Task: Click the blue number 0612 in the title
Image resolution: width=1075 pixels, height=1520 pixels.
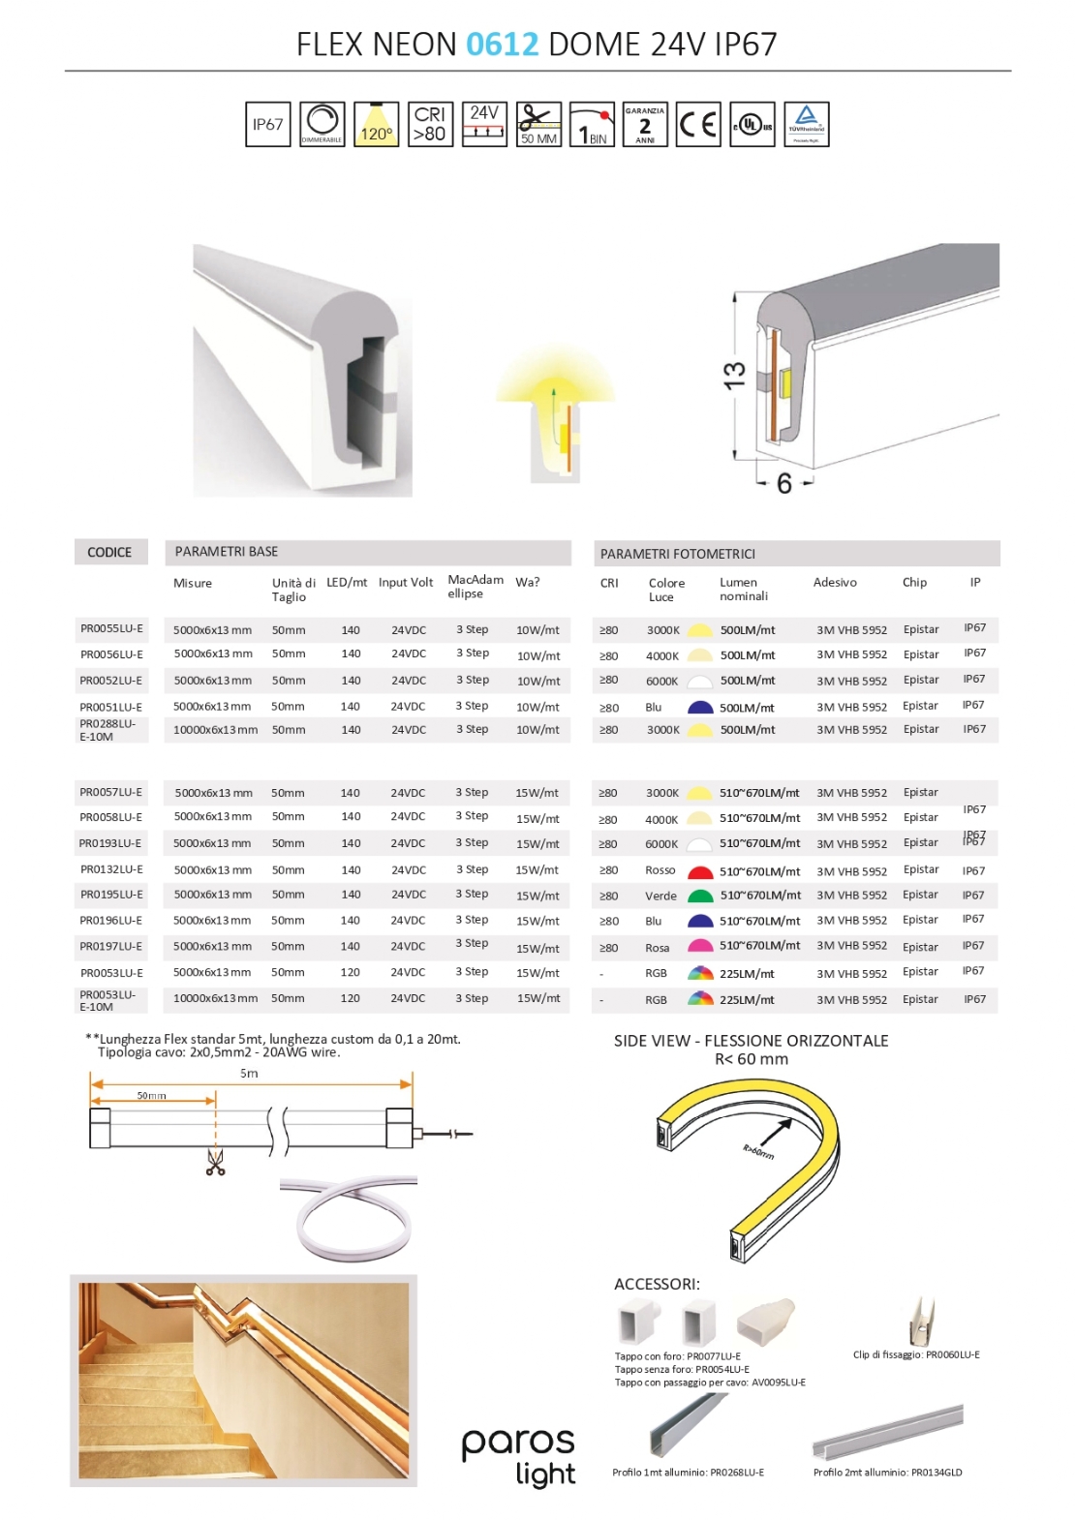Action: click(502, 45)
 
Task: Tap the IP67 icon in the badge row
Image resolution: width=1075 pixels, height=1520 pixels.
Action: click(268, 125)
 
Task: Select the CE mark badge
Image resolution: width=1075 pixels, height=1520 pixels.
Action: click(698, 125)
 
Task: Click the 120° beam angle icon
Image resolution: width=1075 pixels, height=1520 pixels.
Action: click(376, 125)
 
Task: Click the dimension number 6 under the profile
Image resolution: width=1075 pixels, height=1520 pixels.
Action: click(784, 483)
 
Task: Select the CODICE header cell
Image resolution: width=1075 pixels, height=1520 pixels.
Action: click(109, 553)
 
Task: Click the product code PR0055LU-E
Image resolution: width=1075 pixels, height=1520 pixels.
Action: click(111, 629)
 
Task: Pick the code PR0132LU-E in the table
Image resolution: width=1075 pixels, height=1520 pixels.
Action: click(111, 869)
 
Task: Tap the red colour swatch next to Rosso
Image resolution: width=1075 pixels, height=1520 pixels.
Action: click(700, 871)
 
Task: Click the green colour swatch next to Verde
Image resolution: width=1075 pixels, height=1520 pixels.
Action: click(700, 897)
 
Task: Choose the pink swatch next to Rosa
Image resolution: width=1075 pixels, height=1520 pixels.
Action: click(700, 947)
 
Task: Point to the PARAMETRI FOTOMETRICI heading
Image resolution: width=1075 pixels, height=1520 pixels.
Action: click(678, 554)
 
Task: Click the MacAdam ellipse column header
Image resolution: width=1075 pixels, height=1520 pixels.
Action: click(475, 587)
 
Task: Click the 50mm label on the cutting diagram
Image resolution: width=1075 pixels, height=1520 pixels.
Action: click(151, 1096)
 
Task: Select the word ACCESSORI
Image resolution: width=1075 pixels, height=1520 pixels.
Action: click(657, 1285)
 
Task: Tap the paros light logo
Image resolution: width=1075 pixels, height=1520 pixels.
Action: click(519, 1456)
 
